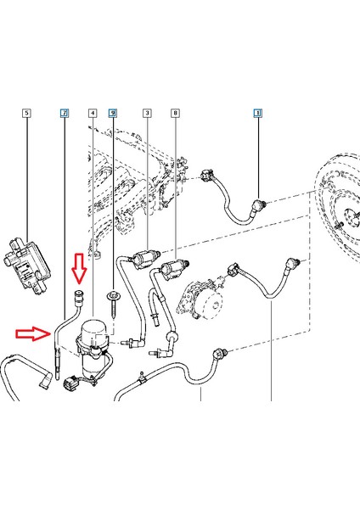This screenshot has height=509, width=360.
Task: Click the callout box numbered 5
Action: click(26, 113)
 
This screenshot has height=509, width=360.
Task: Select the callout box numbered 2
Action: click(65, 113)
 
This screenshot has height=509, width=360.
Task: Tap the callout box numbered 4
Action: click(93, 113)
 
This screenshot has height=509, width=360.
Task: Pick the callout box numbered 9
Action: click(113, 113)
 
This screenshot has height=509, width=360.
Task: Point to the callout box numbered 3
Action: click(147, 113)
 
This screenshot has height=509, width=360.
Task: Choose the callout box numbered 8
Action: click(176, 113)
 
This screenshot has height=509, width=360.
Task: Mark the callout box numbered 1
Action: click(258, 113)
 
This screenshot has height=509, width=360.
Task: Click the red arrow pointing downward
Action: click(80, 267)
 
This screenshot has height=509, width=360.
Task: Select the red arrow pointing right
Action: click(33, 333)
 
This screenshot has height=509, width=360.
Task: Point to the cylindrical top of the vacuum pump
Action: click(92, 328)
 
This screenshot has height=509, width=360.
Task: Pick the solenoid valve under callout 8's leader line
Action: click(174, 268)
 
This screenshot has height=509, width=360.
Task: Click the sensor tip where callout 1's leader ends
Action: click(260, 204)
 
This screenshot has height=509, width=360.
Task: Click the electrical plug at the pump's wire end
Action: click(70, 383)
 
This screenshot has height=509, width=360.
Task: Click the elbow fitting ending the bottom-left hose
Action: click(45, 380)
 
